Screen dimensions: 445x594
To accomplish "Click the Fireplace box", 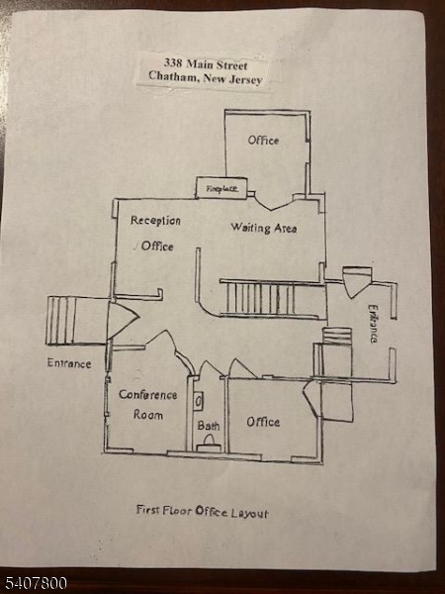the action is point(222,188).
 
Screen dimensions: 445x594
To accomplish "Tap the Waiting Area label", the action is point(264,228).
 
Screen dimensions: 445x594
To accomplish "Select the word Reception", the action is point(155,221).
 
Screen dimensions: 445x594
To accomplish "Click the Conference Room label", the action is point(148,405).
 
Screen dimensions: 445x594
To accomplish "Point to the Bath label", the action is point(208,426).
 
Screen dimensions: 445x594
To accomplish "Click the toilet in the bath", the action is point(209,444).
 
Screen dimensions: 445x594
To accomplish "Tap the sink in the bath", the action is point(199,401).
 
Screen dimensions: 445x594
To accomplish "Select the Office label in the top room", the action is point(263,141).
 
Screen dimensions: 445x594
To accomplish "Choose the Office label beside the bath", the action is point(263,422).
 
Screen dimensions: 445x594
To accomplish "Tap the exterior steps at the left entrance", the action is point(60,321).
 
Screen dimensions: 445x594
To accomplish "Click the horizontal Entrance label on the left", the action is point(69,363).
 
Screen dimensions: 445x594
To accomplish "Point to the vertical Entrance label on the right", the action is point(373,324).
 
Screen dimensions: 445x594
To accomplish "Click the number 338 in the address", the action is point(173,62).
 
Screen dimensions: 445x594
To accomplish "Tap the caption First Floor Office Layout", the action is point(203,511).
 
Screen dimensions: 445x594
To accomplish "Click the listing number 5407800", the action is point(34,583).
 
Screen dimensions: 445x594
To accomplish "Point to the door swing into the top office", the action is point(273,201).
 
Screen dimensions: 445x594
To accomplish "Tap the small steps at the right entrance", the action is point(337,336).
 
